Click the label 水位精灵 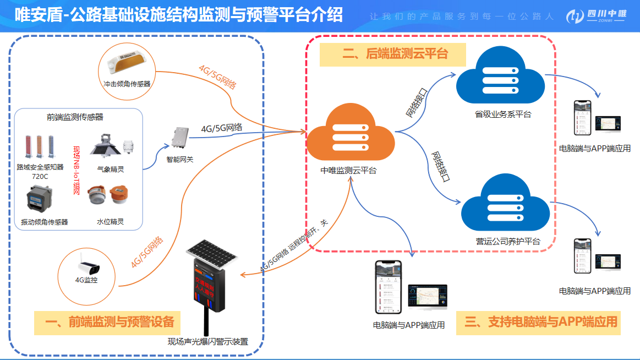(x=110, y=222)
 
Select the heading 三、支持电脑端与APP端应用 (x=541, y=322)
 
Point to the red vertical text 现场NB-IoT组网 (x=76, y=170)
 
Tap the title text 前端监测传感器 (x=75, y=117)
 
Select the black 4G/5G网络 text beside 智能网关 (x=222, y=128)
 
